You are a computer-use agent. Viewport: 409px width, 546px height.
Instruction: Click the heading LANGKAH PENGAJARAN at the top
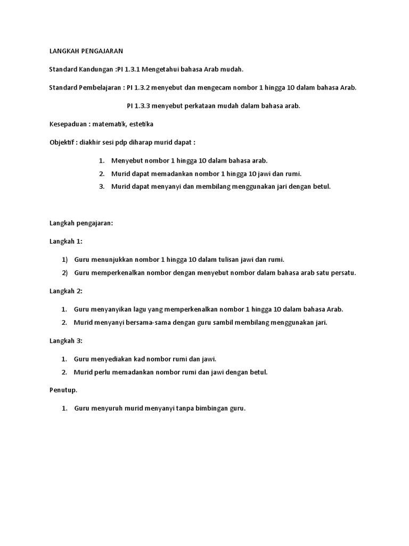coord(86,51)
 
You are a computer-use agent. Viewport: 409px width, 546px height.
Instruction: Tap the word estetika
coord(141,124)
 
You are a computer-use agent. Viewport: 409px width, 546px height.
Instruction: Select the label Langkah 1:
coord(66,241)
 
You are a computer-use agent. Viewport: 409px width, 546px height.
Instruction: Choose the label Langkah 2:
coord(66,291)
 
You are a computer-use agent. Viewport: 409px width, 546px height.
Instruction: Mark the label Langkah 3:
coord(66,341)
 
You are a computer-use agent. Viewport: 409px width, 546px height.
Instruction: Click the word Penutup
coord(62,390)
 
